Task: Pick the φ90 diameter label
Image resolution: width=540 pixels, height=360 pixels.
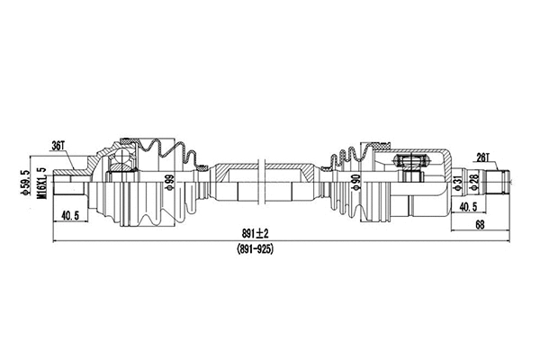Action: pyautogui.click(x=357, y=184)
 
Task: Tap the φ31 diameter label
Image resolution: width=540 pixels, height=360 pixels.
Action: pyautogui.click(x=457, y=184)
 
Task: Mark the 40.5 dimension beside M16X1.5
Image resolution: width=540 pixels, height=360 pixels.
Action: pyautogui.click(x=69, y=215)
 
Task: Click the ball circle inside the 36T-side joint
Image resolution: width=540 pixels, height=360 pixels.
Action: pyautogui.click(x=120, y=160)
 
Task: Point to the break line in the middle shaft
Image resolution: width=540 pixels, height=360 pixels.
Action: pyautogui.click(x=259, y=182)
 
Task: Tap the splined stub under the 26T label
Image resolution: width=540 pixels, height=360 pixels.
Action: pyautogui.click(x=495, y=183)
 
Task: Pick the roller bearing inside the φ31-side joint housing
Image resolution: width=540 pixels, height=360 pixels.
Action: pyautogui.click(x=409, y=162)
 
